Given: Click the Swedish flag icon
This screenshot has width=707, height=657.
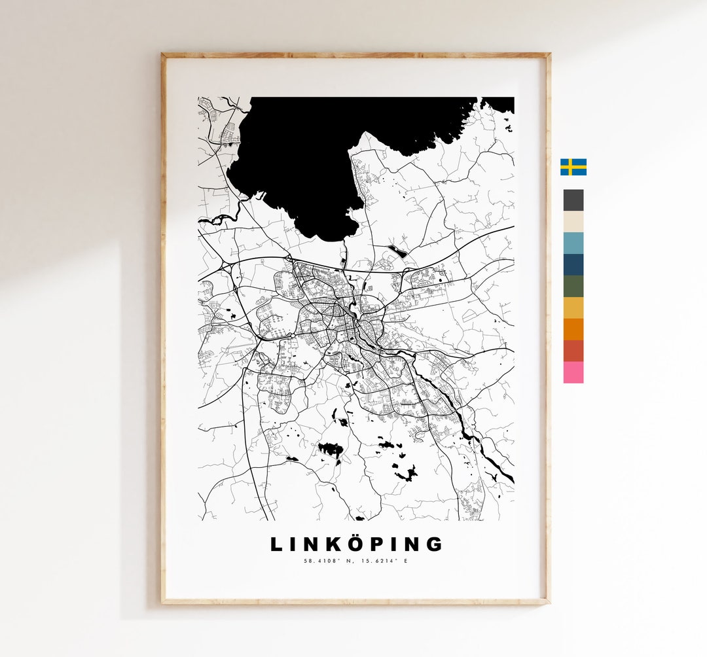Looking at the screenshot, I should pyautogui.click(x=573, y=167).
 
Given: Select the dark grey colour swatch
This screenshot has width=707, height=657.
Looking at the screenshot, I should pyautogui.click(x=573, y=200).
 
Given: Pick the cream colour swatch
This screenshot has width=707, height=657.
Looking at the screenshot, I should pyautogui.click(x=573, y=222).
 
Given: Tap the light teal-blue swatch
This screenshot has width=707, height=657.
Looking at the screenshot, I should pyautogui.click(x=573, y=243).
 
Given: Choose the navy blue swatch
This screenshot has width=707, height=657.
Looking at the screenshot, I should pyautogui.click(x=573, y=264).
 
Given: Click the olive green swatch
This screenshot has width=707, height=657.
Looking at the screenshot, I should pyautogui.click(x=573, y=286).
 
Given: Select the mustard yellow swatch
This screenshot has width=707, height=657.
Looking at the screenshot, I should pyautogui.click(x=573, y=308).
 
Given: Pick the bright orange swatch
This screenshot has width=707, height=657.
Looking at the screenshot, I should pyautogui.click(x=573, y=329).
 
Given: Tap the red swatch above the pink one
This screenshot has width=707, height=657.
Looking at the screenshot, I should pyautogui.click(x=573, y=351).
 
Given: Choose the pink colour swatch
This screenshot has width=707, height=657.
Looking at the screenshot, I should pyautogui.click(x=573, y=372).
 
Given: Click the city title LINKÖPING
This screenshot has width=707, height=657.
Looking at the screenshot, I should pyautogui.click(x=357, y=544).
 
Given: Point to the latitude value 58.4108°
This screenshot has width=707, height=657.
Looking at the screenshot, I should pyautogui.click(x=322, y=561).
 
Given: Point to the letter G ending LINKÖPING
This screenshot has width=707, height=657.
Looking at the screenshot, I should pyautogui.click(x=434, y=544).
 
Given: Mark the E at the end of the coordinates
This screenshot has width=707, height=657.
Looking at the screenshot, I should pyautogui.click(x=405, y=561).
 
